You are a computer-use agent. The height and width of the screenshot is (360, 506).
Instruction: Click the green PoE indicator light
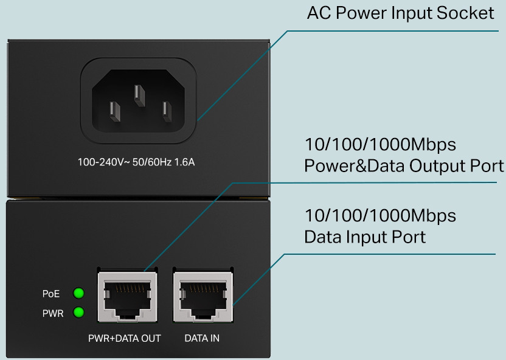tap(78, 293)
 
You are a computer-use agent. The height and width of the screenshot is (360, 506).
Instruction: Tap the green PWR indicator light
tap(78, 312)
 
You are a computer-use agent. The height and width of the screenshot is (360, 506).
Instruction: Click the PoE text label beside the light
tap(51, 294)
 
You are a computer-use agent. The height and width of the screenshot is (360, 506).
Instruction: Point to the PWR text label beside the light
tap(53, 313)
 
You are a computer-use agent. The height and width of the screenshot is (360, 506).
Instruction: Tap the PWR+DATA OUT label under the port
tap(125, 338)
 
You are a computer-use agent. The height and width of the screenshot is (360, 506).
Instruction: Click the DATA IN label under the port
tap(202, 338)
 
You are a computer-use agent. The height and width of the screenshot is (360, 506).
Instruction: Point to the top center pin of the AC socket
tap(140, 95)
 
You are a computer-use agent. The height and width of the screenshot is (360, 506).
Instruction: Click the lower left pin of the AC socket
tap(115, 112)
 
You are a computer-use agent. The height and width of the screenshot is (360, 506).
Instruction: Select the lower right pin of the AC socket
tap(167, 112)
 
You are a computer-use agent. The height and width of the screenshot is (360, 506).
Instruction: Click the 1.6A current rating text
tap(185, 162)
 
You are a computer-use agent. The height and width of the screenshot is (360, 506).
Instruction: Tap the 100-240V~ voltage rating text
tap(103, 162)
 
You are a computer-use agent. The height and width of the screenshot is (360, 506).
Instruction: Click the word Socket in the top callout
tap(465, 13)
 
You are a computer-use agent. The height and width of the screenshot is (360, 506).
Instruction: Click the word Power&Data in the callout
tap(355, 166)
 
